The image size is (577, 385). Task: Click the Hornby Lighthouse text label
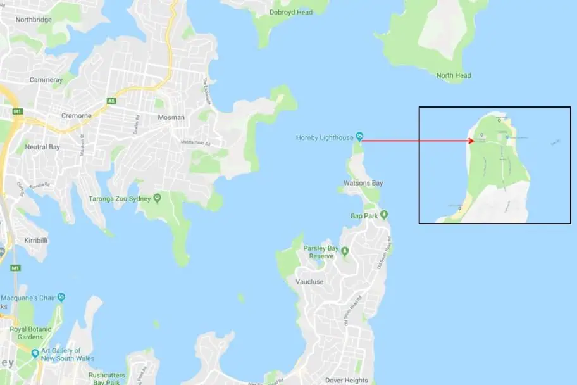(325, 137)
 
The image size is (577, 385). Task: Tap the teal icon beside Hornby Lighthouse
(359, 136)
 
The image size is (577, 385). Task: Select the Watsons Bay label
(363, 184)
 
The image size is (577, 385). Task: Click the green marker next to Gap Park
(383, 216)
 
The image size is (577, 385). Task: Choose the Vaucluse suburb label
(309, 281)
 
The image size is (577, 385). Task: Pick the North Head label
(454, 76)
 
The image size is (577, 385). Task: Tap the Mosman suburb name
(171, 117)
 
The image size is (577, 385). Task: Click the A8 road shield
(112, 100)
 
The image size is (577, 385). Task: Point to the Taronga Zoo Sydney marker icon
(157, 199)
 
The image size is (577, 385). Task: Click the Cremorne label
(77, 115)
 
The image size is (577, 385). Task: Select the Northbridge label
(33, 20)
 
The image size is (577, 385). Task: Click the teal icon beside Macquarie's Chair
(61, 297)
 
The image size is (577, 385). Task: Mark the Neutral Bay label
(42, 147)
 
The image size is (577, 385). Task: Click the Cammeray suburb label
(46, 80)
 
